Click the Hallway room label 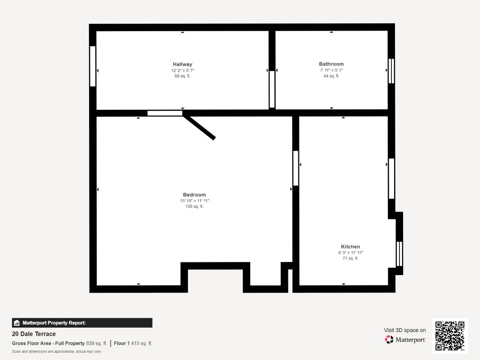pos(183,64)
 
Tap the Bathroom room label pos(331,64)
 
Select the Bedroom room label pos(194,195)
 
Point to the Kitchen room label pos(350,247)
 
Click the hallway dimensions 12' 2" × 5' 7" pos(183,70)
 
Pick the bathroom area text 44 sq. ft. pos(331,76)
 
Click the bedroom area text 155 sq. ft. pos(194,207)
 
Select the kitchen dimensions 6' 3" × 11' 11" pos(350,253)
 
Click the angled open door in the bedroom pos(199,127)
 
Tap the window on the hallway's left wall pos(93,66)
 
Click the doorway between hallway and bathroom pos(272,89)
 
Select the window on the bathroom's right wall pos(391,71)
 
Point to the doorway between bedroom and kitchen pos(296,168)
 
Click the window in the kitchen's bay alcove pos(399,254)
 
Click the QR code pos(450,336)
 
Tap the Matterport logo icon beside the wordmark pos(389,339)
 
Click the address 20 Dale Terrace pos(34,334)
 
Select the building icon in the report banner pos(17,323)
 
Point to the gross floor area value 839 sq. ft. pos(96,343)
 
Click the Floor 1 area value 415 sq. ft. pos(141,343)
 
